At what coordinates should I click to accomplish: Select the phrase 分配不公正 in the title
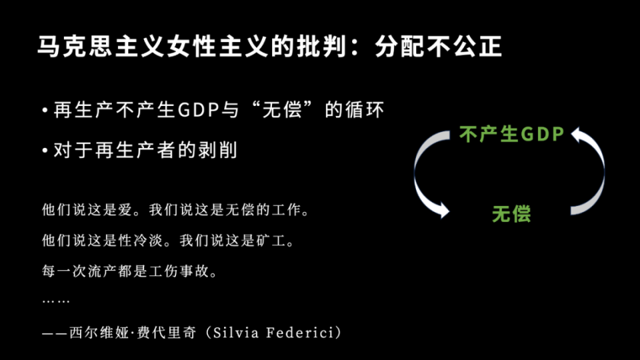pos(438,46)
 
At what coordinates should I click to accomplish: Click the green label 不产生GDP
pos(512,134)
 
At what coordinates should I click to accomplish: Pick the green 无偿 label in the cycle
pos(511,214)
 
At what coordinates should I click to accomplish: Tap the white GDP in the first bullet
pos(199,110)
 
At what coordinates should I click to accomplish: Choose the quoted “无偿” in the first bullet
pos(283,110)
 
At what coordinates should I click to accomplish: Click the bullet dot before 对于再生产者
pos(45,150)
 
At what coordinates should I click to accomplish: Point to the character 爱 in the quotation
pos(125,210)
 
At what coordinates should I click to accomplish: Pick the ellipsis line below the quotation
pos(56,301)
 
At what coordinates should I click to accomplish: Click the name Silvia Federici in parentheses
pos(276,333)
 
